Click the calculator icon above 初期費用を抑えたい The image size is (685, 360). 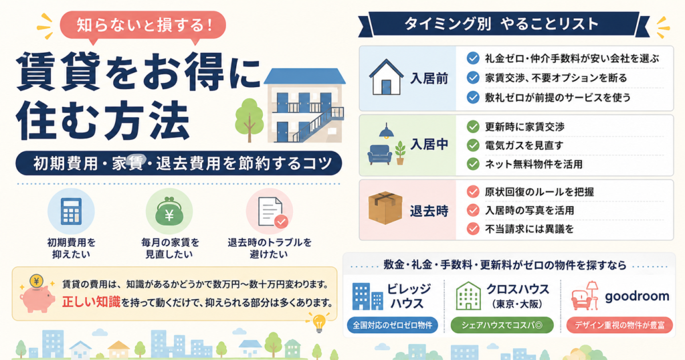pyautogui.click(x=71, y=211)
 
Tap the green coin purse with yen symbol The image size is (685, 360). pyautogui.click(x=169, y=212)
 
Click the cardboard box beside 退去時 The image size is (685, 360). pyautogui.click(x=385, y=208)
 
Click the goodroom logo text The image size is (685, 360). pyautogui.click(x=637, y=296)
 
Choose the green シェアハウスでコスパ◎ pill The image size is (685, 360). pyautogui.click(x=502, y=325)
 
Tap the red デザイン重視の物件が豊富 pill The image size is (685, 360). pyautogui.click(x=619, y=325)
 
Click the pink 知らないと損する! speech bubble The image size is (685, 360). pyautogui.click(x=143, y=26)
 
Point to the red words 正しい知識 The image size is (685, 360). pyautogui.click(x=91, y=302)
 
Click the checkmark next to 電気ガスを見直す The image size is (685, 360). pyautogui.click(x=473, y=145)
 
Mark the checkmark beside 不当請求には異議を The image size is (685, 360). pyautogui.click(x=473, y=228)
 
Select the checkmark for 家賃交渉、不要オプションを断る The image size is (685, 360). pyautogui.click(x=473, y=78)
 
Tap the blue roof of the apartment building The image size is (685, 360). pyautogui.click(x=304, y=76)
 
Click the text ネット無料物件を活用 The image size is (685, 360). pyautogui.click(x=533, y=164)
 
